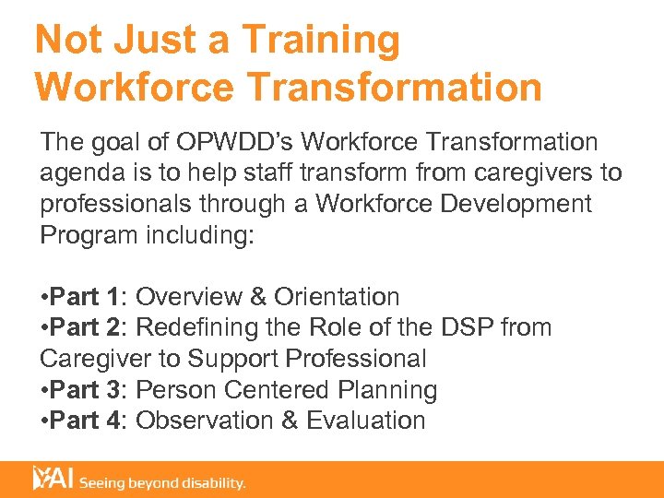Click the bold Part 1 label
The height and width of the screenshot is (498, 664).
point(89,297)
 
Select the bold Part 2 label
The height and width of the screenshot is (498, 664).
point(89,327)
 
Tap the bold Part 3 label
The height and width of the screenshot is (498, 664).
point(89,390)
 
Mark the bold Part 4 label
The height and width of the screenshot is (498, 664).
point(89,421)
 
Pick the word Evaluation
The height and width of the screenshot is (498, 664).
point(366,421)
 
